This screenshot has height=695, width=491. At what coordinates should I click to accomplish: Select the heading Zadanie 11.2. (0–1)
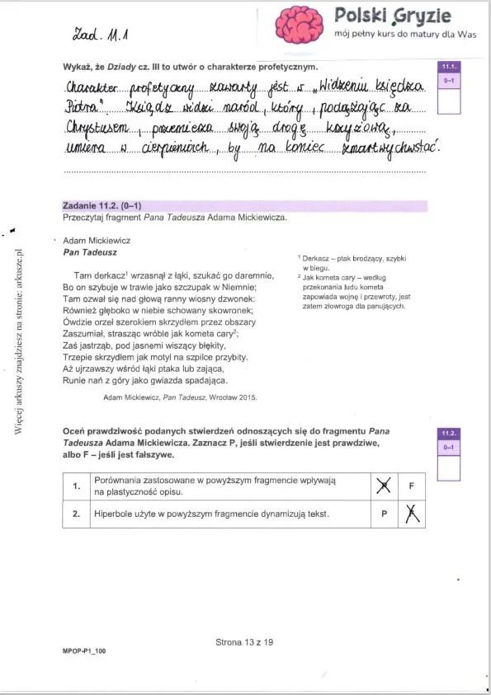tap(106, 205)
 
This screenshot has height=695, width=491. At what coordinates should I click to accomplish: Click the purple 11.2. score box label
tap(449, 433)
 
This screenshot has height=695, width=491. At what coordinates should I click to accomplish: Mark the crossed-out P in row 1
tap(382, 486)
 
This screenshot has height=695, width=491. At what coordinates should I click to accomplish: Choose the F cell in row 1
tap(411, 486)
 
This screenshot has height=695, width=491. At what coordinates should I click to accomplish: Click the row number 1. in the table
tap(76, 486)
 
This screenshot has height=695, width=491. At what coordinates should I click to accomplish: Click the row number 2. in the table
tap(76, 514)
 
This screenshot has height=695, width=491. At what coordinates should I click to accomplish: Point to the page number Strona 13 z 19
tap(243, 644)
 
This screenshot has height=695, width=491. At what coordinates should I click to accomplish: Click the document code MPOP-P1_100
tap(83, 651)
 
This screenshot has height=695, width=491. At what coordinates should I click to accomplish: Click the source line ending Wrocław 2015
tap(180, 397)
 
